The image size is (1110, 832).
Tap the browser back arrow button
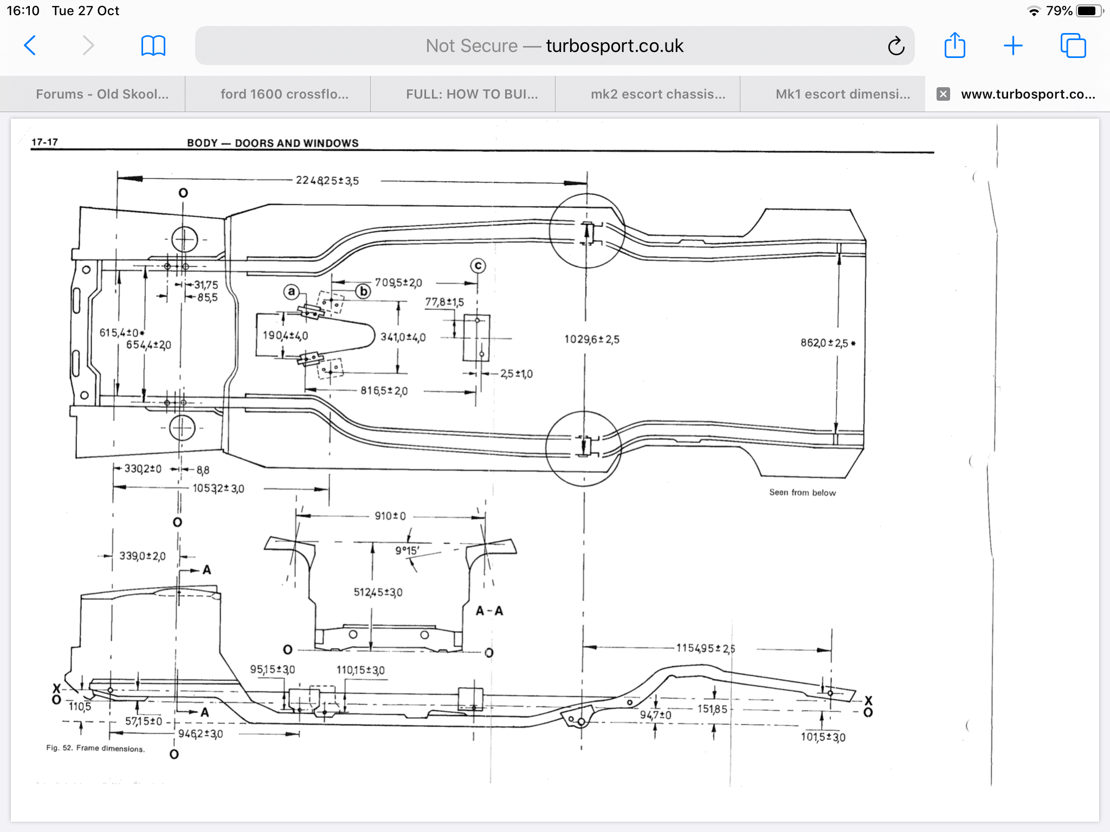pos(30,45)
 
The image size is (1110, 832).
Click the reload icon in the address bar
pos(896,46)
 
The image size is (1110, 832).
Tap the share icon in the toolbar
pos(954,45)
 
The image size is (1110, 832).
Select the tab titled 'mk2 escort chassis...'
pos(657,94)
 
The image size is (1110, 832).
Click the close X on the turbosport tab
pos(943,94)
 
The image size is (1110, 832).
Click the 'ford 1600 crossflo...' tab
pos(285,94)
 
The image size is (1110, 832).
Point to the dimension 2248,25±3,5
pos(327,180)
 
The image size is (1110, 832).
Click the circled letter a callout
pos(292,292)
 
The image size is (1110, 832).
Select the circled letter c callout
pos(477,266)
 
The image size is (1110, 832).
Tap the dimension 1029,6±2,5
pos(591,340)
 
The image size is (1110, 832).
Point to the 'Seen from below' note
pos(802,492)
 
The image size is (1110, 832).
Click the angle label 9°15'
pos(407,551)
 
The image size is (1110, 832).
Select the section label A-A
pos(489,611)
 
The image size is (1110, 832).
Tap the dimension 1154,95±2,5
pos(705,648)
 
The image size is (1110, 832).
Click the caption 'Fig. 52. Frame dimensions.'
pos(95,749)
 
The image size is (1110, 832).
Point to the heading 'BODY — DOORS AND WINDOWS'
pos(273,143)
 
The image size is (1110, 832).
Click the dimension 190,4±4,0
pos(285,336)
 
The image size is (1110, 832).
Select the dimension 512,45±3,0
pos(378,593)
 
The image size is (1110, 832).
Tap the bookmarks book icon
pos(153,45)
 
